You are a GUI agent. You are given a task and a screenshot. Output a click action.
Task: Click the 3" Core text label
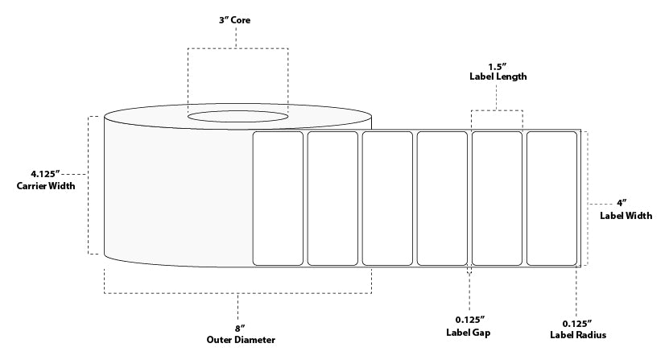point(237,20)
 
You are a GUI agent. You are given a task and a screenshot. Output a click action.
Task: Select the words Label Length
point(498,77)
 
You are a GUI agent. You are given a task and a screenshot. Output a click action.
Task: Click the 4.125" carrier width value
point(44,173)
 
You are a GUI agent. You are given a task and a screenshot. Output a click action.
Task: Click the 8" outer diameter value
point(238,327)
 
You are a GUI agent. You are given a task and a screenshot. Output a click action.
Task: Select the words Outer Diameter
point(238,340)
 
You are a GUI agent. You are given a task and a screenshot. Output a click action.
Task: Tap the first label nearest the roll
point(278,197)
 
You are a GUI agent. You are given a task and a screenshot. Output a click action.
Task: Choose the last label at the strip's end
point(551,197)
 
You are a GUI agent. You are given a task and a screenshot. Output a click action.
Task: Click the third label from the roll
point(386,197)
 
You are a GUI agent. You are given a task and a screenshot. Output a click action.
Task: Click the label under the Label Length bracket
point(497,197)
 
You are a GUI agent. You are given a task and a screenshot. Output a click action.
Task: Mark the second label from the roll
point(332,197)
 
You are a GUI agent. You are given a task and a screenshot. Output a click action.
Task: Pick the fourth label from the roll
point(442,197)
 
